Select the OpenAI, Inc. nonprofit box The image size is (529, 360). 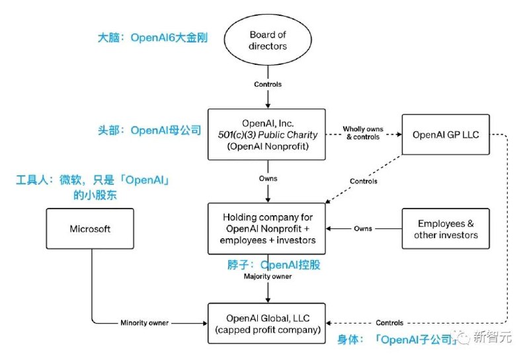tap(268, 134)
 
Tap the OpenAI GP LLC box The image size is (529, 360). tap(446, 134)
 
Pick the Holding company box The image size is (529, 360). tap(268, 228)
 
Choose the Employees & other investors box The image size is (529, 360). tap(446, 228)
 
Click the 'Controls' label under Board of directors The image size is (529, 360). tap(268, 85)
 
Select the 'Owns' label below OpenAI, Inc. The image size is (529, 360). tap(268, 179)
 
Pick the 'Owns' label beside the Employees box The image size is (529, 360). tap(363, 228)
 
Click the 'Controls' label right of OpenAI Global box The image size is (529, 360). tap(389, 323)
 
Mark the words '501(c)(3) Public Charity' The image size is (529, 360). tap(268, 134)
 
